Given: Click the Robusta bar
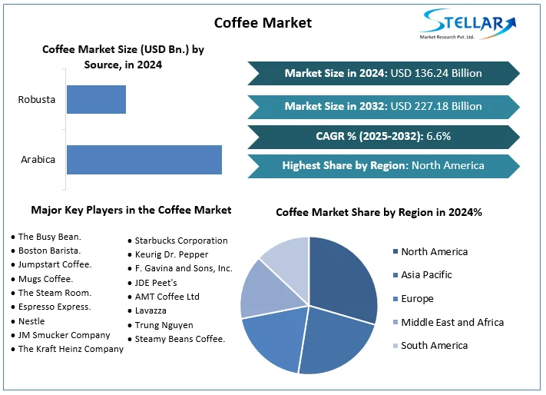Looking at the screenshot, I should pos(96,100).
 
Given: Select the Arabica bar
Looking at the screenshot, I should pos(144,159).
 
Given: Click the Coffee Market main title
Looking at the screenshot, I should pos(263,22).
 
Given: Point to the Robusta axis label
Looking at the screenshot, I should pos(37,100).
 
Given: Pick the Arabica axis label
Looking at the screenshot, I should pos(38,160).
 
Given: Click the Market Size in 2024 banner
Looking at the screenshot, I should pos(383,73).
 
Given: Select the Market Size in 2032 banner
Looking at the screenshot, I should pos(383,106).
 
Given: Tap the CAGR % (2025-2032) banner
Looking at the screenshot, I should pos(383,136).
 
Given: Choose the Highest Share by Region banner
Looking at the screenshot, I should pos(383,165).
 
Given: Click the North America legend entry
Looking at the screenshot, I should pos(434,252).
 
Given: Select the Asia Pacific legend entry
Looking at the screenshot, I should pos(426,275).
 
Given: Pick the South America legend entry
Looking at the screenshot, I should pos(434,346).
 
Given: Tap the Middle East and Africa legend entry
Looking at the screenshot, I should pos(452,322).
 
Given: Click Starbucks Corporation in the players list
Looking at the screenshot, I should pos(181,241).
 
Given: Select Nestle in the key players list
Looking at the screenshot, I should pos(31,321).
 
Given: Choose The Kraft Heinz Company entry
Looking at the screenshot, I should pos(71,349).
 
